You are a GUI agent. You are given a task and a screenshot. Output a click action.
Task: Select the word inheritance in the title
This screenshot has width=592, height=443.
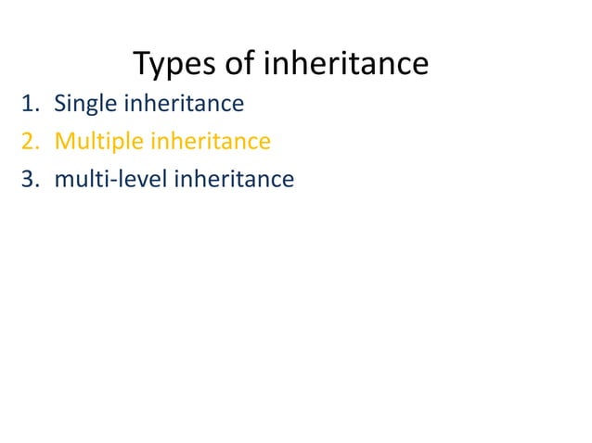[x=346, y=64]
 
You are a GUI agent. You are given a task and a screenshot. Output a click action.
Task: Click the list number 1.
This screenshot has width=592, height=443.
[x=27, y=104]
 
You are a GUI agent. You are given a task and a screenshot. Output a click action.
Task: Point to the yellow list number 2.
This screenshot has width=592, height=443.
[x=28, y=142]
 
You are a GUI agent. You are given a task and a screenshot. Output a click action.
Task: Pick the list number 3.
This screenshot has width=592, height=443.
[x=28, y=179]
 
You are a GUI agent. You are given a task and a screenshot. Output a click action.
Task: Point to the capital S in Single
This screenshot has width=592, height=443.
[x=60, y=104]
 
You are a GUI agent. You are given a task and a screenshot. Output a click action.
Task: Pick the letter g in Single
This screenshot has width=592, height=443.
[x=94, y=108]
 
